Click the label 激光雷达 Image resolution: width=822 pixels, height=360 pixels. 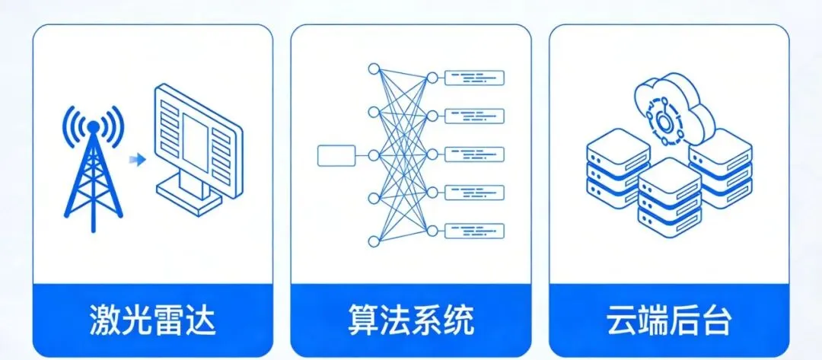(x=152, y=320)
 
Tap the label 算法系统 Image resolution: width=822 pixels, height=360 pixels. (x=411, y=320)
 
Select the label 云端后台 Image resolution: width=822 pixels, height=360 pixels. (x=669, y=320)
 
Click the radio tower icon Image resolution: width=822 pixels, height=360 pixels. (x=92, y=175)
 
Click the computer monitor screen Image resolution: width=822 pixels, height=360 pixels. (x=196, y=138)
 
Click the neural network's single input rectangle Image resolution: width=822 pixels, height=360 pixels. (x=336, y=155)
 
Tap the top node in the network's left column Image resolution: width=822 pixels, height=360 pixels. (x=373, y=69)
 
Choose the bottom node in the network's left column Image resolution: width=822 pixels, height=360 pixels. (x=373, y=241)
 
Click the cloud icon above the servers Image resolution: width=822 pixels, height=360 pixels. (x=674, y=107)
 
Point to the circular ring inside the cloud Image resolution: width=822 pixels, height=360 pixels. (x=664, y=119)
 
